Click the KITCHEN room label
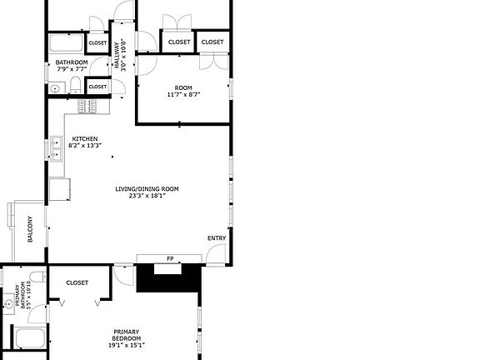point(85,138)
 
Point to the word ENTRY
point(216,239)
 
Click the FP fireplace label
point(170,259)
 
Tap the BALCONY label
point(31,230)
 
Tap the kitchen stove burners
point(87,106)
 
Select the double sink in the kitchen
point(56,147)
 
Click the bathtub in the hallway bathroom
point(65,43)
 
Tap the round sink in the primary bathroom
point(7,306)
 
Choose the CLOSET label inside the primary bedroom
point(77,282)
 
